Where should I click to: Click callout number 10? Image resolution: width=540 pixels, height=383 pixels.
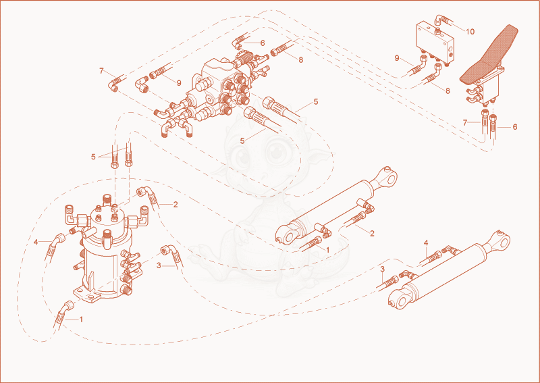point(470,32)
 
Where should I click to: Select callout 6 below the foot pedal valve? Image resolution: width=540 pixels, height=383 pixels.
point(515,127)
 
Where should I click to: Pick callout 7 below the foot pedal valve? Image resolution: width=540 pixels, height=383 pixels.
point(465,123)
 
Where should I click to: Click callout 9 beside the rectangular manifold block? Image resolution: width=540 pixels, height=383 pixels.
point(397,58)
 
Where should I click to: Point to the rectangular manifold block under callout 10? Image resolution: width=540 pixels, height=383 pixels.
point(435,43)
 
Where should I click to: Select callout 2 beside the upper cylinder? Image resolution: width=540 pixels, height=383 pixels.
point(372,234)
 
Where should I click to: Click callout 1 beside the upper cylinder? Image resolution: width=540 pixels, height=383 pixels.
point(328,250)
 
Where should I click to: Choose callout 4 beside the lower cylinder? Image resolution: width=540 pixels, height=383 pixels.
point(426,243)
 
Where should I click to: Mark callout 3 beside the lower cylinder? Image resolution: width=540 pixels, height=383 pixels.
point(383,270)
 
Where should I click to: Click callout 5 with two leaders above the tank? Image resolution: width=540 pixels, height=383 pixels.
point(93,157)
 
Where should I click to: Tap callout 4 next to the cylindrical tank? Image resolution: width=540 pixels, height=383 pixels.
point(36,242)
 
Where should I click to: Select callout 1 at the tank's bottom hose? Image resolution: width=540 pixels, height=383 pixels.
point(81,320)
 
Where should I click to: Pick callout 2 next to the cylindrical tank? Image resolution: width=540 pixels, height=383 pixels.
point(175,205)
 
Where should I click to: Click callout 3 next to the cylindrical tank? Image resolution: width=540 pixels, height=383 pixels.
point(159,265)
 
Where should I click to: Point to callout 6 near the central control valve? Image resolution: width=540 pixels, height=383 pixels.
point(263,43)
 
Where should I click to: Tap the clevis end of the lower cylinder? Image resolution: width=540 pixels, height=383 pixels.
point(400,299)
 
